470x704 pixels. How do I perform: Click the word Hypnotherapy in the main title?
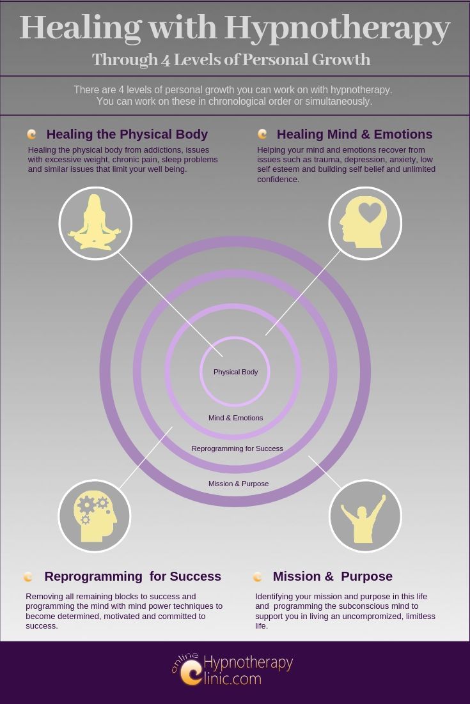pos(336,29)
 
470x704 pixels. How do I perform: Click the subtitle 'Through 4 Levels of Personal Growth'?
pos(231,59)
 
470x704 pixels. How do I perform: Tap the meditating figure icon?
pos(95,223)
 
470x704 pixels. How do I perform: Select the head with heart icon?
pos(364,223)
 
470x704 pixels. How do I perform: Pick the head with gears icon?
pos(95,516)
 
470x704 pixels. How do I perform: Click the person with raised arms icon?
pos(364,516)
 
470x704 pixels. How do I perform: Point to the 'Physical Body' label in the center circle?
pos(235,372)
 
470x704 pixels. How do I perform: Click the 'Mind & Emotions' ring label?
pos(235,418)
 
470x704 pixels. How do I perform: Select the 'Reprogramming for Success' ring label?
pos(237,448)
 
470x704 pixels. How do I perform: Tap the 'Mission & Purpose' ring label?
pos(238,484)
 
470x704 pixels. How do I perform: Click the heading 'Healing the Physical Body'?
pos(127,134)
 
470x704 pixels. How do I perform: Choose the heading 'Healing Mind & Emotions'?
pos(354,134)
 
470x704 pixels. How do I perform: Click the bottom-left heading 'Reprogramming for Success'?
pos(132,576)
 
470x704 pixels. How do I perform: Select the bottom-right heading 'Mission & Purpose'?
pos(332,576)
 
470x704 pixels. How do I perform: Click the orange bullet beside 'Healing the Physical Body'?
pos(31,134)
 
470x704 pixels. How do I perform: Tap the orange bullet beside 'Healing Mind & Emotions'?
pos(262,134)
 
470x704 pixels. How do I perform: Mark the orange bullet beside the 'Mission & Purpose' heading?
pos(258,577)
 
